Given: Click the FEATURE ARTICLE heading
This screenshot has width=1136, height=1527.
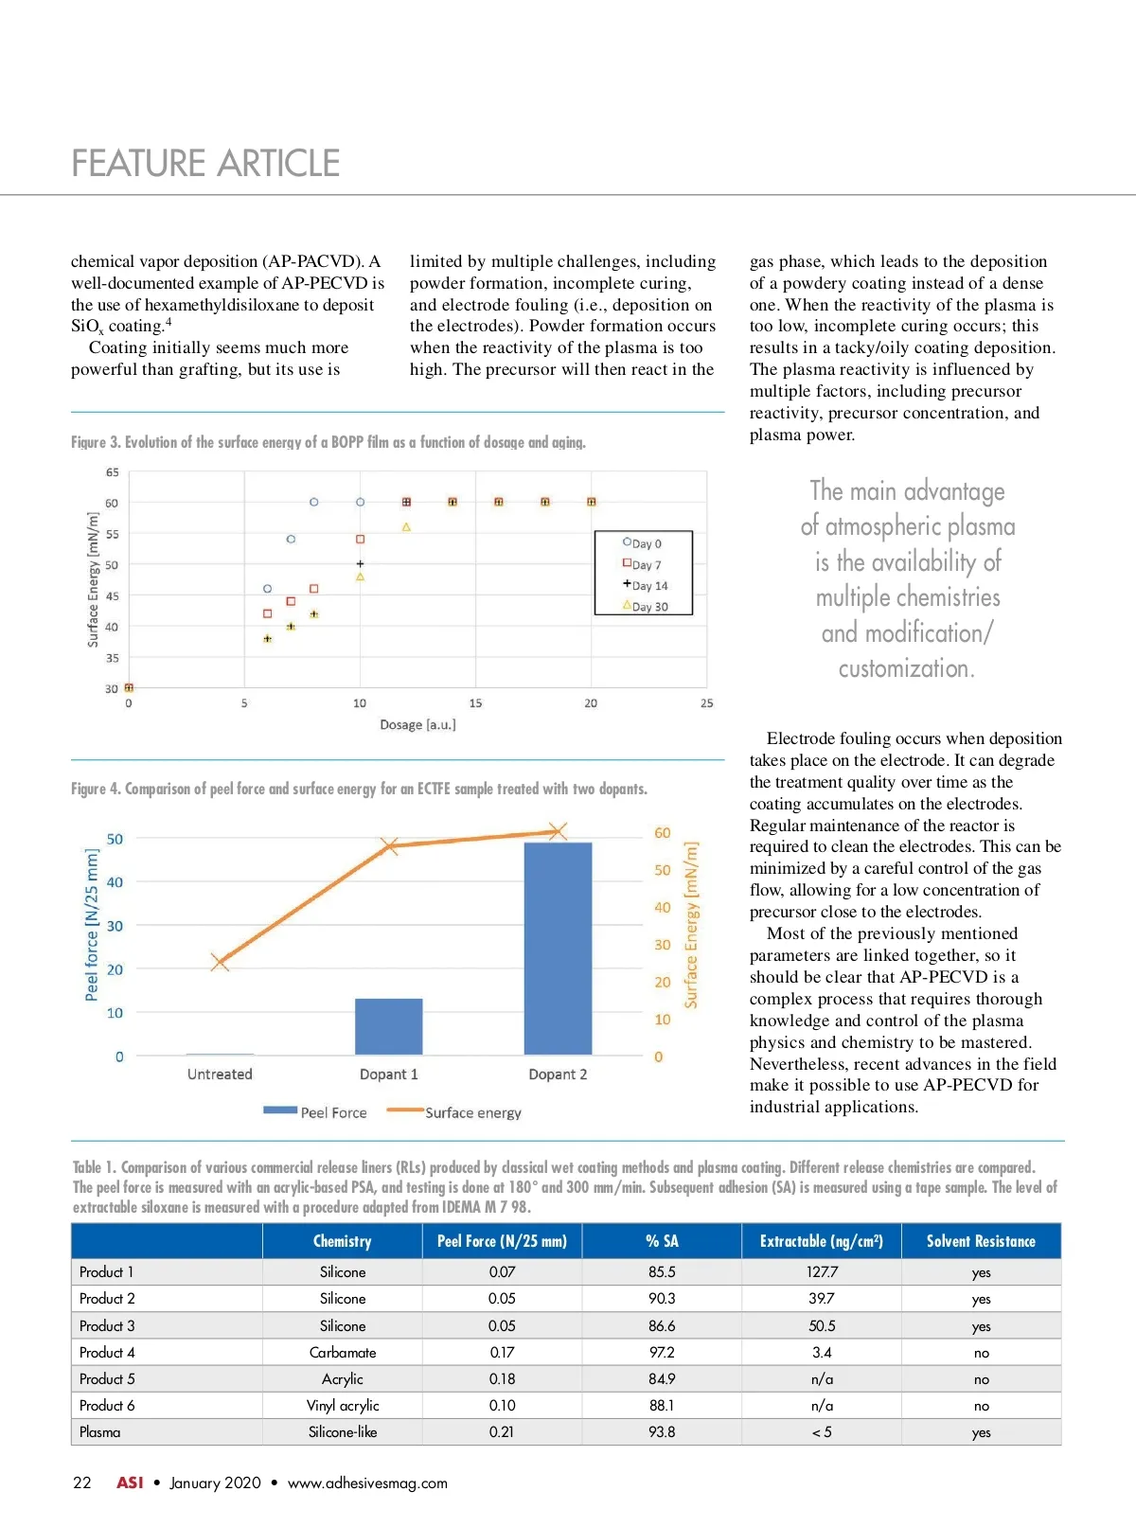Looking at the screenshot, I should point(205,164).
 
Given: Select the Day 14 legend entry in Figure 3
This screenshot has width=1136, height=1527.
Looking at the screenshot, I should point(645,586).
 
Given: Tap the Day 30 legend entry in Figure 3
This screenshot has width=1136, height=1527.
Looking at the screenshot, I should point(645,607).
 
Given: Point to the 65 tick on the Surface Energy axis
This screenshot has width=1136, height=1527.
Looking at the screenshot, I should point(112,472).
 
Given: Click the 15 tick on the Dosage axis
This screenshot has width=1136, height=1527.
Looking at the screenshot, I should point(475,703).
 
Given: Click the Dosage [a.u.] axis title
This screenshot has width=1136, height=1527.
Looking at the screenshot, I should point(417,725).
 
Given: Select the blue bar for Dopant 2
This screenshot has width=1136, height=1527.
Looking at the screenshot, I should point(558,948).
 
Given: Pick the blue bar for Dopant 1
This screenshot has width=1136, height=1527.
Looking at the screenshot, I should point(388,1026).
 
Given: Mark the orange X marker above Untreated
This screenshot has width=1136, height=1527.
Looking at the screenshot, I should point(220,963).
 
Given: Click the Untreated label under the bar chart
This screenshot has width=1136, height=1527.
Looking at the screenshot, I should point(220,1074).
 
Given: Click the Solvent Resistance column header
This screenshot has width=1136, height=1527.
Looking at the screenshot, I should point(981,1241).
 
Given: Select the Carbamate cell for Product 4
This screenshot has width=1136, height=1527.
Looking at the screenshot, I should point(343,1353).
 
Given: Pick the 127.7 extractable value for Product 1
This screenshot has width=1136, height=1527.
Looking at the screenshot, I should point(822,1272).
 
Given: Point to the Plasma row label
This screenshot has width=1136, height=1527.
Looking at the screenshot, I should point(100,1432).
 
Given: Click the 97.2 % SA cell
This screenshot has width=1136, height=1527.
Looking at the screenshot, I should point(662,1353).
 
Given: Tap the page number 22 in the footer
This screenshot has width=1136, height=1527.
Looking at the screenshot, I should point(82,1483).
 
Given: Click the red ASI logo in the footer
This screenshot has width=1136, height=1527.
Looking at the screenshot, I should point(130,1483).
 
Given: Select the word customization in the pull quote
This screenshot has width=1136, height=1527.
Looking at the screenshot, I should point(906,668).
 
